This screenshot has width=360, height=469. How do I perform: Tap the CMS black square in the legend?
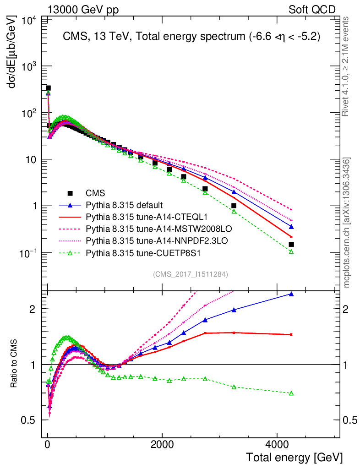pyautogui.click(x=70, y=193)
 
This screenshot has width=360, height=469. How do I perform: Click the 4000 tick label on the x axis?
pyautogui.click(x=277, y=444)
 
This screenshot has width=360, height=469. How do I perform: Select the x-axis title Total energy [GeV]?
pyautogui.click(x=294, y=457)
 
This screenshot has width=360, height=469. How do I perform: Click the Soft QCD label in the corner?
pyautogui.click(x=312, y=10)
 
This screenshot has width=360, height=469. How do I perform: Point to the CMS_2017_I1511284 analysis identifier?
pyautogui.click(x=191, y=274)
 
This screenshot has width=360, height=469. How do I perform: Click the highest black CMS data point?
pyautogui.click(x=48, y=88)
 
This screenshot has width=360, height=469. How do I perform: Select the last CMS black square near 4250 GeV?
pyautogui.click(x=291, y=244)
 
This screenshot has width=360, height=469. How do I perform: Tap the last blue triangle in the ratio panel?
pyautogui.click(x=291, y=294)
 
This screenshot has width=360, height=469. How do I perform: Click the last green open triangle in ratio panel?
pyautogui.click(x=291, y=393)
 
